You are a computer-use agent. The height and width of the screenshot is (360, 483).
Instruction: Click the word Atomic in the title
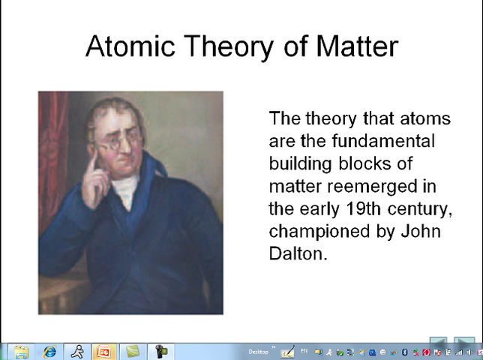[130, 46]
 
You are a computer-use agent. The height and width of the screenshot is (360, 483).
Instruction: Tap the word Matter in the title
[357, 46]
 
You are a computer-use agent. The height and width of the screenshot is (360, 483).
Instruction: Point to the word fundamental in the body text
[383, 141]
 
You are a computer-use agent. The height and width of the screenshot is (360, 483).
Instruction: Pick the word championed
[319, 232]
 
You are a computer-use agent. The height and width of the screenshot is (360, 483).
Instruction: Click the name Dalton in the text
[298, 253]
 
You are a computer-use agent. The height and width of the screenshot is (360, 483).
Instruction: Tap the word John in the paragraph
[421, 231]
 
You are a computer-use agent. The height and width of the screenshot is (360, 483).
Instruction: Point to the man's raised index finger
[91, 163]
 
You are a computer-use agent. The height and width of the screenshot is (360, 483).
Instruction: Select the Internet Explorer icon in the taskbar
[50, 352]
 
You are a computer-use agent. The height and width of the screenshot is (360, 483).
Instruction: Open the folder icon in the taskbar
[21, 352]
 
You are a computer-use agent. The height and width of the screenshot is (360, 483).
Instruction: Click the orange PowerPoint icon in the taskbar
[103, 352]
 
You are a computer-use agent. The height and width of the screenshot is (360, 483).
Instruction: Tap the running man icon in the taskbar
[77, 352]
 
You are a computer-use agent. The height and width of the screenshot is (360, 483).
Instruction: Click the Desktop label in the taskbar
[258, 352]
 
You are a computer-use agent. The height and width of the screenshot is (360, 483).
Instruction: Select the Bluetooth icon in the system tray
[405, 352]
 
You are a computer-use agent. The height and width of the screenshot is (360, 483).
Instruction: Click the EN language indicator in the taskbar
[304, 351]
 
